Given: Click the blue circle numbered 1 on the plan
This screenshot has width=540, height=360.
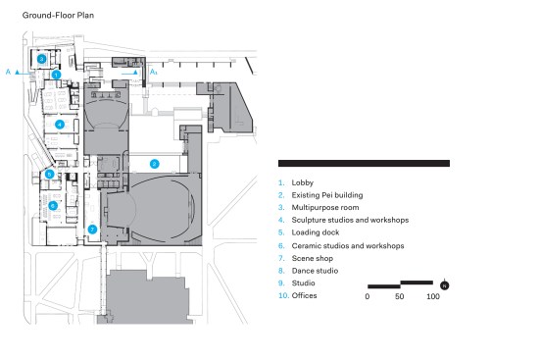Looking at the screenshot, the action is (57, 75).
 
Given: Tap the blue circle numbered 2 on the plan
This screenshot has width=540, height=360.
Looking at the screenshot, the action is (154, 164).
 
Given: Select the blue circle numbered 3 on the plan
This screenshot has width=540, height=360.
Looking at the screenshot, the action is (42, 59).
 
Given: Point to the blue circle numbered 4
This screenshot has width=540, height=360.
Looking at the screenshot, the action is (60, 125).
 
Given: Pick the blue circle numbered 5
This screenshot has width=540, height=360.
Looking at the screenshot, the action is (50, 175).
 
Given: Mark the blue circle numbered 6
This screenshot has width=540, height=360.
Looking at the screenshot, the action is (53, 206).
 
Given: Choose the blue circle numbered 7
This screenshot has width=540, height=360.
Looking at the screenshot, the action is (92, 230).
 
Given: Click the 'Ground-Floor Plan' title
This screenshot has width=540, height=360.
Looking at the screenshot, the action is (58, 15).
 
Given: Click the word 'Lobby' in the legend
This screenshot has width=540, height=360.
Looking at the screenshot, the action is (303, 182).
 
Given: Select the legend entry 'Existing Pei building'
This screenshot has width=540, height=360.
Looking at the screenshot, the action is (327, 195).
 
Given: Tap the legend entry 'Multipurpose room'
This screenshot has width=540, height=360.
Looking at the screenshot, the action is (325, 208).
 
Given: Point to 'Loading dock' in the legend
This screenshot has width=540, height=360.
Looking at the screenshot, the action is (316, 232).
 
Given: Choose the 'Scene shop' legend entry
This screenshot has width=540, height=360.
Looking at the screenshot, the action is (313, 258).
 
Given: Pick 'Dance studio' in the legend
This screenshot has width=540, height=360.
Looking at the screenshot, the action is (315, 271).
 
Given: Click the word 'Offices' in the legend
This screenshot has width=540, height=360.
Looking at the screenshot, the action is (304, 295).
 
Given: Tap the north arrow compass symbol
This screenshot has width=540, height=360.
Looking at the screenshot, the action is (445, 285).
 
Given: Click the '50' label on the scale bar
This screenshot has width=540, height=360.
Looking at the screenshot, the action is (400, 296).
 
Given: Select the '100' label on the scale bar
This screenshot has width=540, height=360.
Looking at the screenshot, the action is (433, 296).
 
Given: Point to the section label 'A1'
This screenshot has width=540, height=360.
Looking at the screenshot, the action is (153, 72).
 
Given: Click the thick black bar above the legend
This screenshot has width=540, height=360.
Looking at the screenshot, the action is (364, 163).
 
